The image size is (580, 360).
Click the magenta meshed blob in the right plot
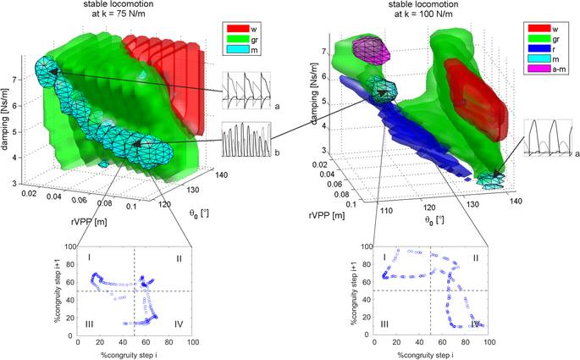(372, 51)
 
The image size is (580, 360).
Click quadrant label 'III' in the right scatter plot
(386, 324)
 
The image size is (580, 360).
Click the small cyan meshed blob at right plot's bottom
(491, 178)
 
